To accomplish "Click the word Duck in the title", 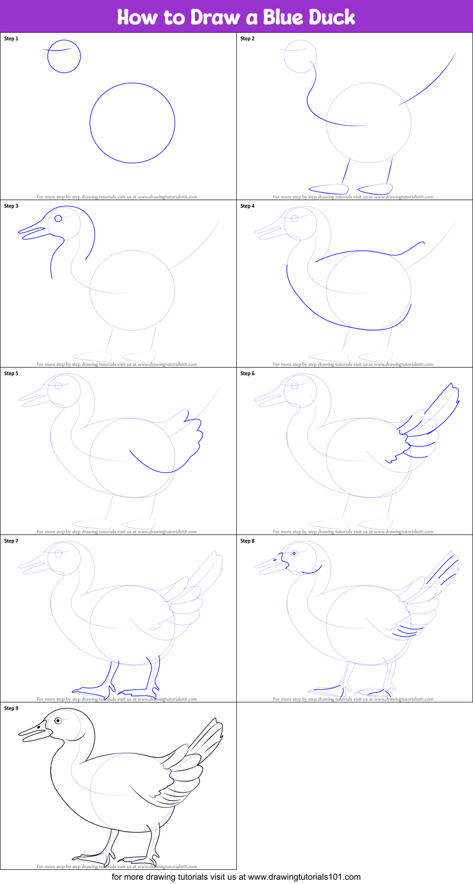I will pyautogui.click(x=332, y=18).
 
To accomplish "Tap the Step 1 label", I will pyautogui.click(x=11, y=39).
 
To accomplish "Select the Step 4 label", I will pyautogui.click(x=247, y=206).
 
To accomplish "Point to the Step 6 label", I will pyautogui.click(x=247, y=374).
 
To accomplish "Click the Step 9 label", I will pyautogui.click(x=11, y=709).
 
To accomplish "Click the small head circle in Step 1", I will pyautogui.click(x=64, y=57).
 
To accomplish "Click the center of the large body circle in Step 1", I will pyautogui.click(x=133, y=123).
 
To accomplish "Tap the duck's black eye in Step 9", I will pyautogui.click(x=58, y=721).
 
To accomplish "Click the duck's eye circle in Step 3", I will pyautogui.click(x=58, y=219).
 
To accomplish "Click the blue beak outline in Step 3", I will pyautogui.click(x=33, y=230).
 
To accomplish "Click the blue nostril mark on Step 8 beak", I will pyautogui.click(x=275, y=560).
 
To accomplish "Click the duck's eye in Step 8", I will pyautogui.click(x=294, y=553).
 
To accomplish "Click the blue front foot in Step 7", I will pyautogui.click(x=92, y=688).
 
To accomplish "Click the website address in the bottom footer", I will pyautogui.click(x=304, y=877).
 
